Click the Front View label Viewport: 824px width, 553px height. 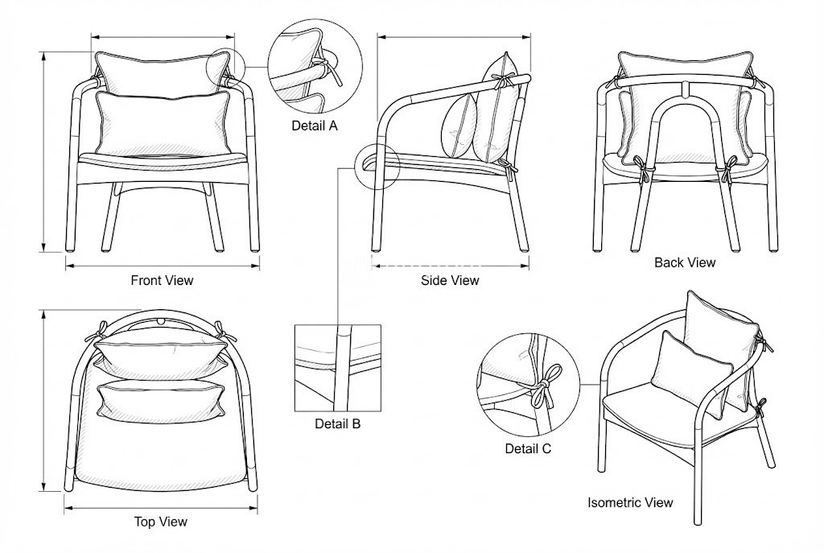(x=162, y=281)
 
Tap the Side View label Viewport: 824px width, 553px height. (x=450, y=280)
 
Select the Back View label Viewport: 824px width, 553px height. (x=684, y=262)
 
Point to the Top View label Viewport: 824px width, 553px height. (x=160, y=522)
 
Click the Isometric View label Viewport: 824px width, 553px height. (x=629, y=502)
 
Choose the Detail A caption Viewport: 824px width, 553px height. (x=315, y=126)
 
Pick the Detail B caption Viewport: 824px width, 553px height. (x=337, y=423)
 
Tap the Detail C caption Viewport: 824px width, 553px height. (x=528, y=449)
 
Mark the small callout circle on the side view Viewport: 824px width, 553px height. (x=377, y=167)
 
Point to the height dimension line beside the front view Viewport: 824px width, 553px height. (x=43, y=151)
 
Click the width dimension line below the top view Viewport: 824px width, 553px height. (x=160, y=508)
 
